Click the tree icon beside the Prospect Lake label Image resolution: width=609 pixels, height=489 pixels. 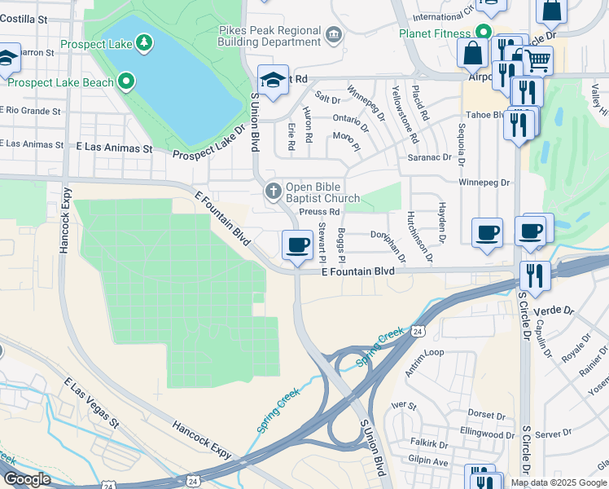[x=143, y=42]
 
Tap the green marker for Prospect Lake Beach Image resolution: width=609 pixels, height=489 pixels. [x=125, y=81]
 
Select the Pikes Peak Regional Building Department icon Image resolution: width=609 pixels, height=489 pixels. [x=333, y=35]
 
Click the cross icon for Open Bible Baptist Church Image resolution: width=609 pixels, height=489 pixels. [x=273, y=192]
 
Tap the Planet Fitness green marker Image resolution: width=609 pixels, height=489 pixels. [x=483, y=33]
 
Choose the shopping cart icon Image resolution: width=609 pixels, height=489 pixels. [x=537, y=59]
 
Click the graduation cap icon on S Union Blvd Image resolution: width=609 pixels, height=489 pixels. [x=273, y=79]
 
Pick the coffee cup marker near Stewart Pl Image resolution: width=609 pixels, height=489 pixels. [x=297, y=244]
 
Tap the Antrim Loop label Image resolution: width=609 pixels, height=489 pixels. [x=424, y=352]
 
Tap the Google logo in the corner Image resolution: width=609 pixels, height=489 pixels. [x=27, y=479]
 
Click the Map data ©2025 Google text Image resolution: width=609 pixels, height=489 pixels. [x=559, y=482]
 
